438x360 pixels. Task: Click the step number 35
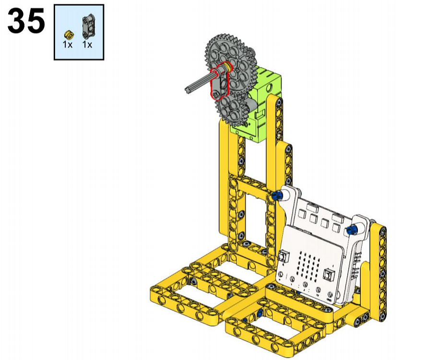point(26,21)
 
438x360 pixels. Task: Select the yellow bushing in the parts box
point(69,35)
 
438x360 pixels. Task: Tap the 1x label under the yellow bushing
point(68,45)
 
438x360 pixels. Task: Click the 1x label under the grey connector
point(87,45)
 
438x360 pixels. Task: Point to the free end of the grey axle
point(188,89)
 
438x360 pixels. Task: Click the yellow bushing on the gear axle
point(228,67)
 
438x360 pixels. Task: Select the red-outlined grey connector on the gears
point(220,83)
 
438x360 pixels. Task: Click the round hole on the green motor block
point(269,89)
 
